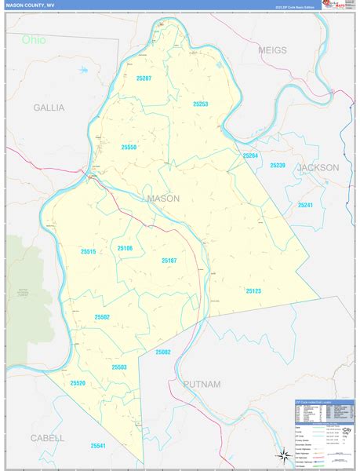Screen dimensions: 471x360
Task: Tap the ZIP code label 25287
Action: (143, 78)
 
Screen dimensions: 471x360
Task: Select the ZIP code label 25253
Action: (200, 104)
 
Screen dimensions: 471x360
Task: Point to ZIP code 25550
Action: (129, 147)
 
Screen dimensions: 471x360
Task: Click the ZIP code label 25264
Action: (250, 155)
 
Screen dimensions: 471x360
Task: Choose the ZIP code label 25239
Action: (278, 165)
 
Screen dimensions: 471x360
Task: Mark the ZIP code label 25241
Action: (305, 205)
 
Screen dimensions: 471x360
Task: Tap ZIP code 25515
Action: (88, 251)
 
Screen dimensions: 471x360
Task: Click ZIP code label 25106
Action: (125, 248)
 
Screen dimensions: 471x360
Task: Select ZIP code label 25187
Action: (169, 260)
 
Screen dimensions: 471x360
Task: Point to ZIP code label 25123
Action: (253, 290)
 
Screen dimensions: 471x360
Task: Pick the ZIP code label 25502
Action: (102, 316)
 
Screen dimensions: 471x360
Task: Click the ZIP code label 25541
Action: (97, 445)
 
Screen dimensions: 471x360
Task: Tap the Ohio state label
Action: (34, 39)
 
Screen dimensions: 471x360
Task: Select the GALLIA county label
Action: (49, 108)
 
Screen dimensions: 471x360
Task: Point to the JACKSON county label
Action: (318, 167)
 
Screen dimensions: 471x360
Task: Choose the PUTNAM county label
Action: (202, 384)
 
